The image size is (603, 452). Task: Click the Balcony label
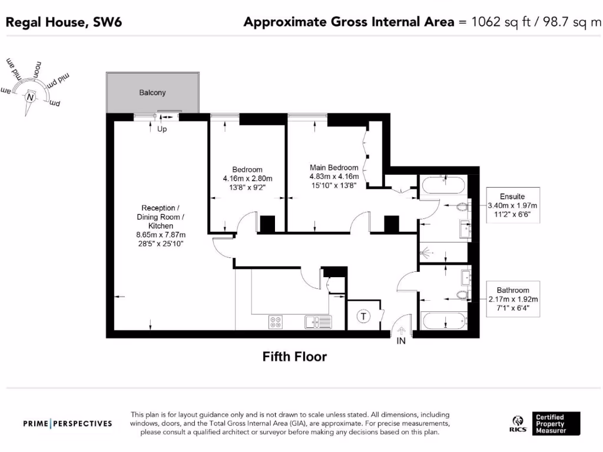(x=153, y=92)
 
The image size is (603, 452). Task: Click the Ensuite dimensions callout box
(x=512, y=205)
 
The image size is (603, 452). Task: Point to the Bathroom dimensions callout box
(x=512, y=299)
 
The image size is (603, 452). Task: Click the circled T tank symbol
(x=363, y=317)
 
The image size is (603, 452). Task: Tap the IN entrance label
(x=402, y=341)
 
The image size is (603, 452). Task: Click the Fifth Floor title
(x=294, y=357)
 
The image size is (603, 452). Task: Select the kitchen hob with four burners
(x=276, y=321)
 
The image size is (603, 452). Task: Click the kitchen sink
(x=319, y=321)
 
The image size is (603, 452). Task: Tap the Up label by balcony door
(x=162, y=129)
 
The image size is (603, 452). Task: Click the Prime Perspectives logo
(x=67, y=423)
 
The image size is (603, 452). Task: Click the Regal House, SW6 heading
(x=64, y=22)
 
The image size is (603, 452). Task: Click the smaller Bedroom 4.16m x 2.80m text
(x=247, y=178)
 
